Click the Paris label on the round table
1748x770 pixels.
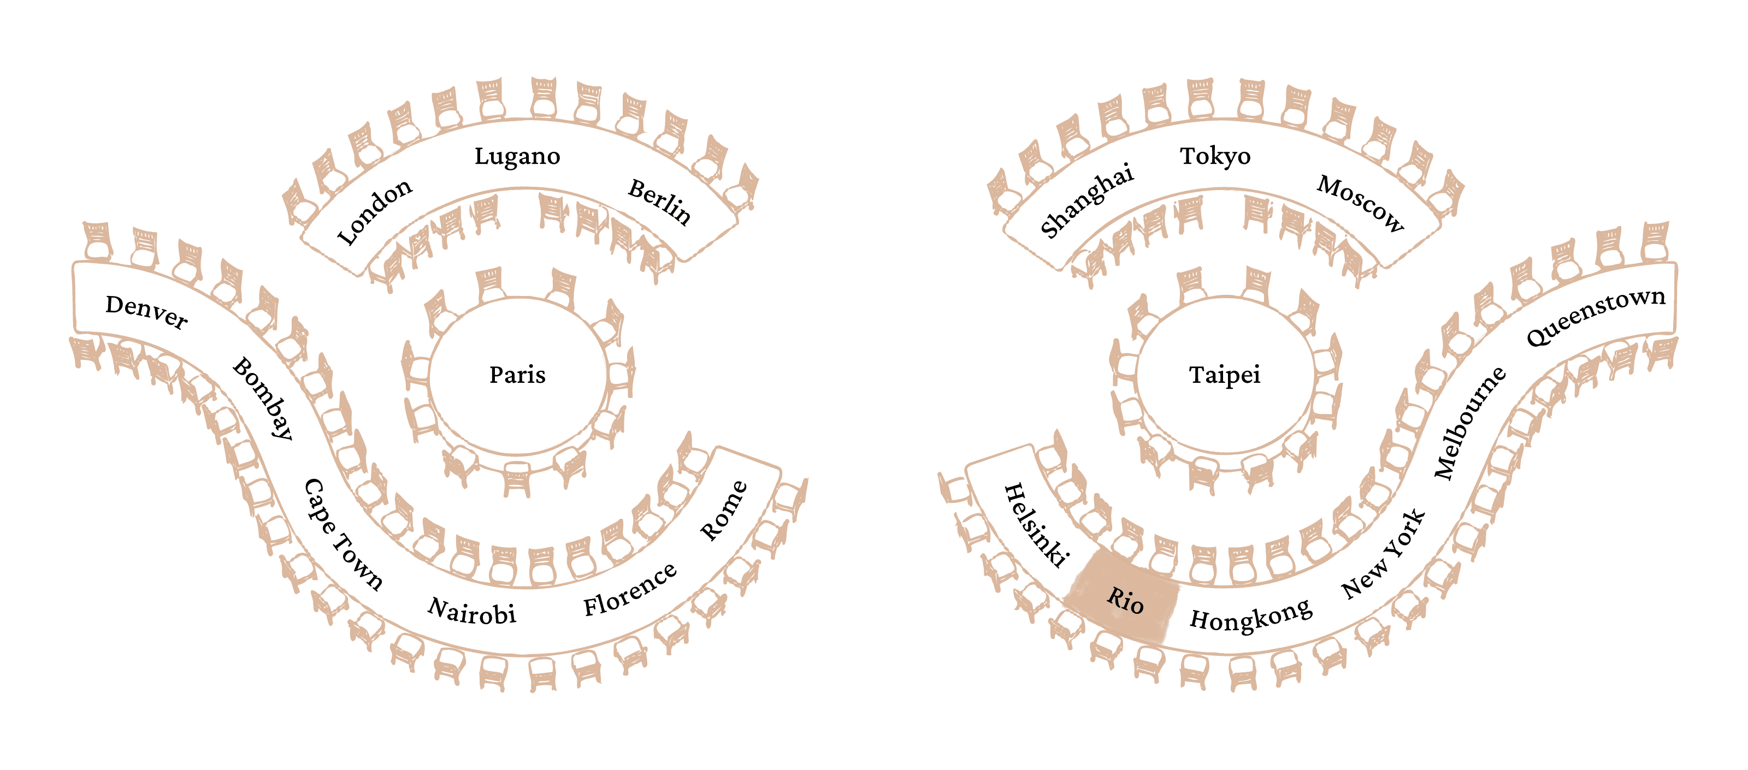517,375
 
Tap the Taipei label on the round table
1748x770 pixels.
1224,375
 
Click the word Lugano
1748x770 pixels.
517,157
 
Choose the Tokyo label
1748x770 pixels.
1215,157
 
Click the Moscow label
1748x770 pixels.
1361,204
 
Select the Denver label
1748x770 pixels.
146,312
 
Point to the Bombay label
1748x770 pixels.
263,398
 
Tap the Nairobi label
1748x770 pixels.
471,611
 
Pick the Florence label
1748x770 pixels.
630,590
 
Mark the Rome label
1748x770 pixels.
723,511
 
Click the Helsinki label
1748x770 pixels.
1036,524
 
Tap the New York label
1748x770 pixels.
1384,554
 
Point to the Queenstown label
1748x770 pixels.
1595,316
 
